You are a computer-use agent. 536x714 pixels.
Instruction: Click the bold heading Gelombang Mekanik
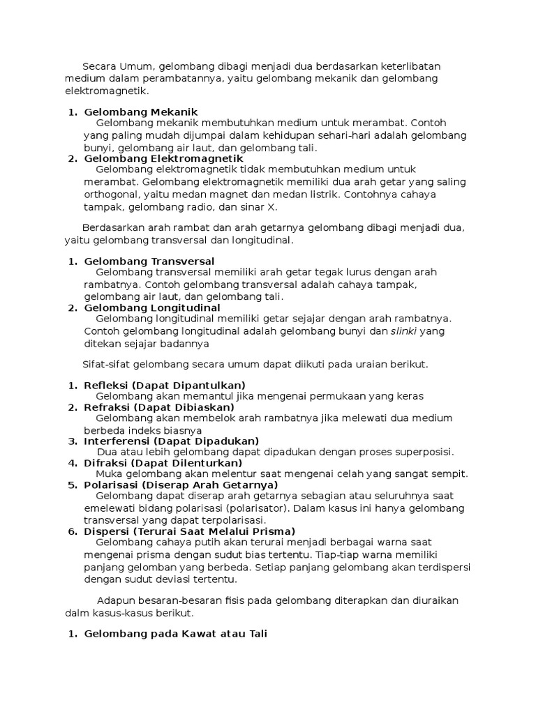(141, 112)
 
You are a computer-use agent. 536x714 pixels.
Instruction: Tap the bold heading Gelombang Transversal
(149, 261)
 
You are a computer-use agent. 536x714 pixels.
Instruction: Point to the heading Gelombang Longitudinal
(152, 307)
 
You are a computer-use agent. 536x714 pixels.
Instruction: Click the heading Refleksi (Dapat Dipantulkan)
(165, 386)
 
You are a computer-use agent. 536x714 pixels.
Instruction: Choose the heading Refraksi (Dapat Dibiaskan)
(159, 407)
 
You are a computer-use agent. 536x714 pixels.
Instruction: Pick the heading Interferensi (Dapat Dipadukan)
(172, 441)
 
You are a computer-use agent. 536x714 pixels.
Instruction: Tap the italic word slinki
(403, 331)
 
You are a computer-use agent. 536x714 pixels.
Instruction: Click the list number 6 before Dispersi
(72, 531)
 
